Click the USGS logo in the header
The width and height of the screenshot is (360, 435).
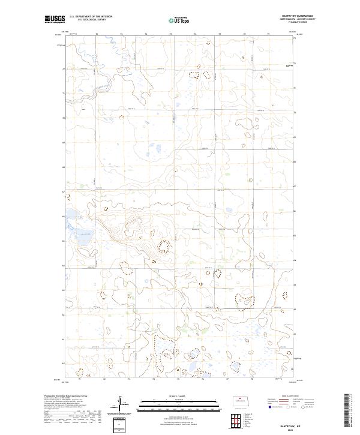pos(55,20)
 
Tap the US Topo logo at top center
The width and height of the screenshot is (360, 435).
pos(179,20)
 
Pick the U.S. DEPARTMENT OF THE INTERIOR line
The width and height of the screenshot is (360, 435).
pos(91,17)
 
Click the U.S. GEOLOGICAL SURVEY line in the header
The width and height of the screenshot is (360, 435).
pos(91,20)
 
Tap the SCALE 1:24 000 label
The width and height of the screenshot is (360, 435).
pos(179,397)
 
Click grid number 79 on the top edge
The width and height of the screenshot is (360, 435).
pos(268,35)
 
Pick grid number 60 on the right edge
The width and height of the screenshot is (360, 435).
pos(294,364)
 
